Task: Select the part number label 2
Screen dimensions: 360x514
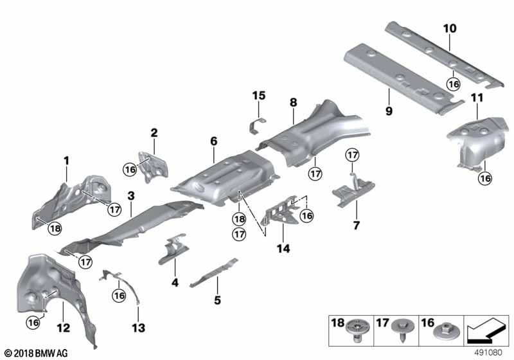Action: pos(154,132)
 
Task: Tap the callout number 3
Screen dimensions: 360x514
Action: pos(130,194)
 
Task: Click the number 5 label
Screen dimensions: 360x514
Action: pos(217,300)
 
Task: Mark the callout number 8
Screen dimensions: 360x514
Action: pos(293,102)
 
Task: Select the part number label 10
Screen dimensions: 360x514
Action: pos(449,28)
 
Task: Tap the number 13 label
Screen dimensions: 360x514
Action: pos(137,328)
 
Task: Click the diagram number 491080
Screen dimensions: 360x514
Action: pos(490,353)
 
